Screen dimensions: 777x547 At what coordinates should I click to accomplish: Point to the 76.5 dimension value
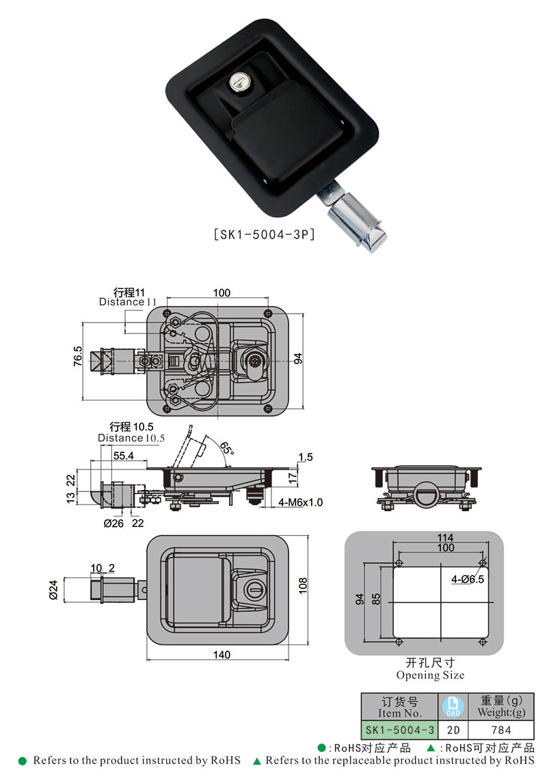pos(77,357)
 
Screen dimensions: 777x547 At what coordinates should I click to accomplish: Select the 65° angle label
pos(226,448)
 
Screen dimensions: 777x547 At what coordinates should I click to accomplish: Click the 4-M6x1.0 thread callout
pos(301,502)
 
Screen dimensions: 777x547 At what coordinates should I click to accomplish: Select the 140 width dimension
pos(222,655)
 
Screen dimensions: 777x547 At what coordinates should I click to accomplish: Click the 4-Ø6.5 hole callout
pos(468,579)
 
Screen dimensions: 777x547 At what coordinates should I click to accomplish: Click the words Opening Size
pos(430,675)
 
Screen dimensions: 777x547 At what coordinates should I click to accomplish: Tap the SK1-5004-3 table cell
pos(400,730)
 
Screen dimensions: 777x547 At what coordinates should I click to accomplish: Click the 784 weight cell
pos(501,730)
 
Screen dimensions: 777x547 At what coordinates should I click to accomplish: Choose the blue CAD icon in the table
pos(451,705)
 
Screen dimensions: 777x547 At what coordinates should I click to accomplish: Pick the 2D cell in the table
pos(452,730)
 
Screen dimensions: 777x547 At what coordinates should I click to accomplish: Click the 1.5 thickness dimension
pos(306,456)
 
